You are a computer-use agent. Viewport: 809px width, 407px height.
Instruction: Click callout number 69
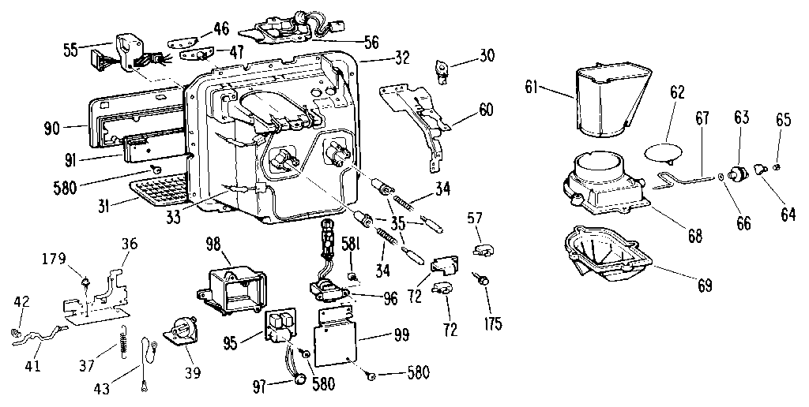[704, 285]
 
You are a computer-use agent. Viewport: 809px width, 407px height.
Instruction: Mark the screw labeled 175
[479, 277]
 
